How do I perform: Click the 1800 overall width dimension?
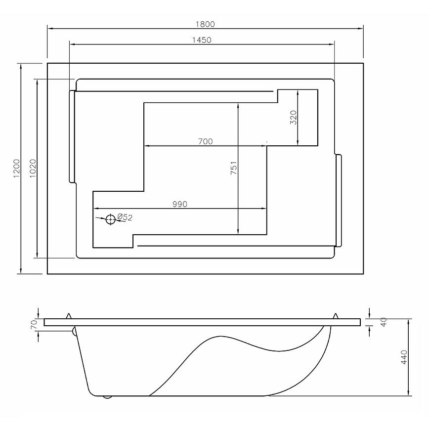tap(205, 24)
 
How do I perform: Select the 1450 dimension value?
tap(202, 40)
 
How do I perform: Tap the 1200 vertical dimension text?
tap(17, 169)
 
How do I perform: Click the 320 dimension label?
tap(294, 117)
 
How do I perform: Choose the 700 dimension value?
tap(206, 141)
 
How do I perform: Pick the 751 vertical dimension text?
tap(233, 168)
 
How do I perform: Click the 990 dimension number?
tap(180, 204)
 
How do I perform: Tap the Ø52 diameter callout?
tap(125, 217)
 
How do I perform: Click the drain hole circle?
tap(111, 219)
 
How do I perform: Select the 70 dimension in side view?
tap(34, 325)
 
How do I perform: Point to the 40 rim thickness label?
tap(384, 322)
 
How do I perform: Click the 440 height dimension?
tap(404, 357)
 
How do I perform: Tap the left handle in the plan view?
tap(72, 136)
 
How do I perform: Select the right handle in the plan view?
tap(339, 201)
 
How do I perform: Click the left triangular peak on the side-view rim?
tap(69, 316)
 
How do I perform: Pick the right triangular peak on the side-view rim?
tap(335, 316)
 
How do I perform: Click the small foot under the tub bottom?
tap(107, 397)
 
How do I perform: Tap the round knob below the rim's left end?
tap(74, 331)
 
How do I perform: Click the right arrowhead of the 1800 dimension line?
tap(361, 28)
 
